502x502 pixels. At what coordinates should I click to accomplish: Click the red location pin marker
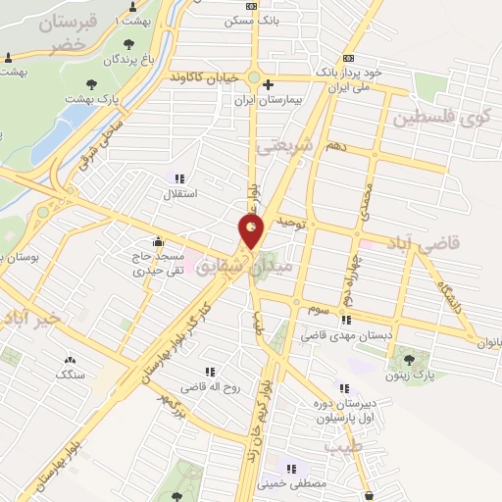(251, 231)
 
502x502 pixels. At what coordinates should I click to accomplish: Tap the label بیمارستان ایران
(267, 100)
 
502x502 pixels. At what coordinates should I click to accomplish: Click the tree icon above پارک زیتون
(423, 357)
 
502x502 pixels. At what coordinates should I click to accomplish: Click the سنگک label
(71, 375)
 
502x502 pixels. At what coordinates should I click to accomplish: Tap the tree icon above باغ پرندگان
(128, 42)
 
